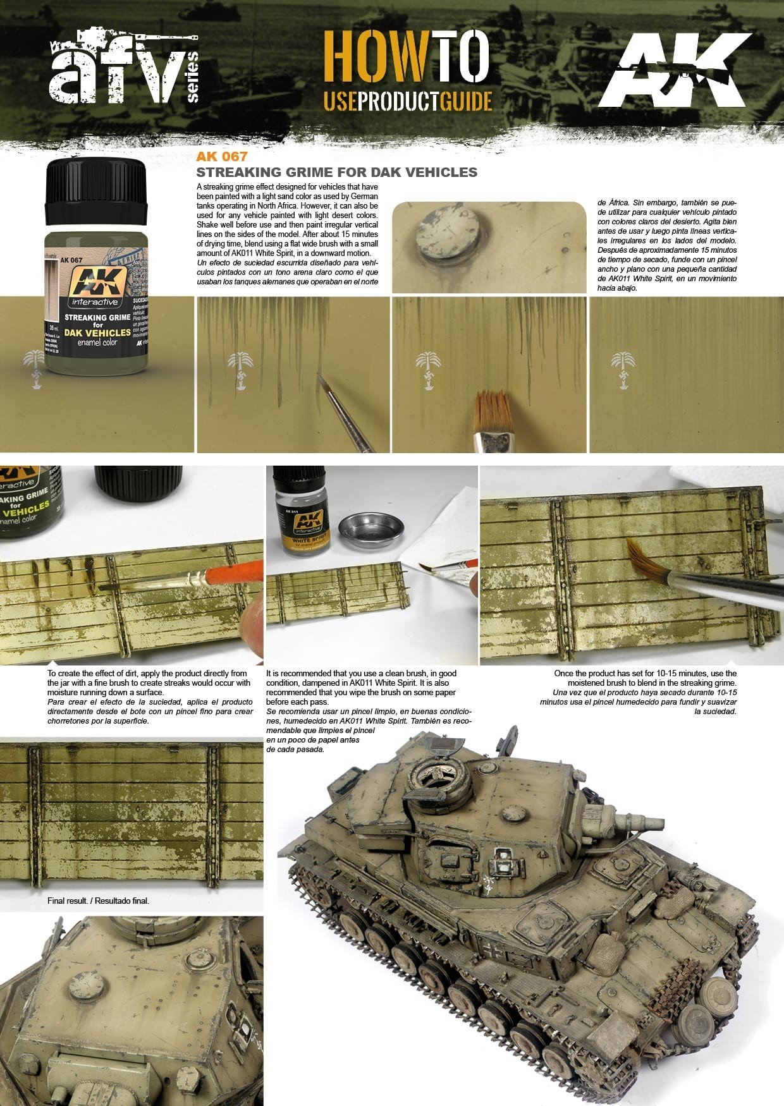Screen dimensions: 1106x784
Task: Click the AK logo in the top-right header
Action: click(x=672, y=70)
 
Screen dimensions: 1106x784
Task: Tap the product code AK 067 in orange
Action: click(x=221, y=157)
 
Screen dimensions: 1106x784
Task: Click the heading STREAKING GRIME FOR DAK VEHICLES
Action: click(x=336, y=172)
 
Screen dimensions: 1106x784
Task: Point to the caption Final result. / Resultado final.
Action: click(x=98, y=901)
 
